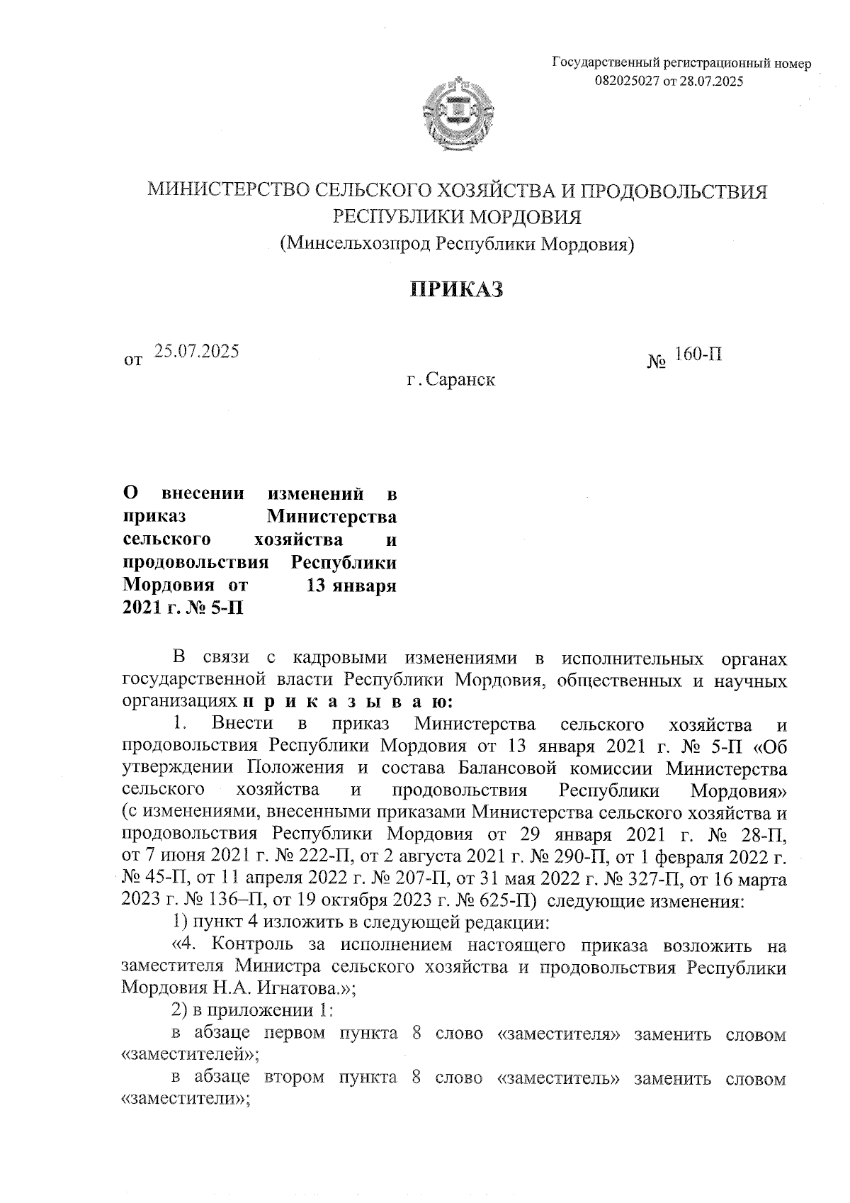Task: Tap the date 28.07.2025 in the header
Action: pyautogui.click(x=711, y=82)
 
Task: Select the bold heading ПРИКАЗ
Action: pyautogui.click(x=457, y=289)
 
